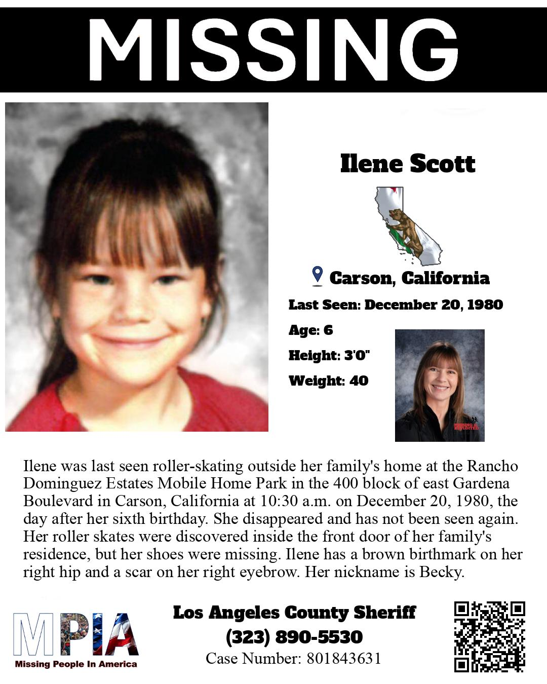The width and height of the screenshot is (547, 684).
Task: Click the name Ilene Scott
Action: [x=408, y=164]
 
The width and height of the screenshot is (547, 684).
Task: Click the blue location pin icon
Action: [x=318, y=275]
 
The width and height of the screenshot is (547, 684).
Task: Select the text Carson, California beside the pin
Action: [x=409, y=278]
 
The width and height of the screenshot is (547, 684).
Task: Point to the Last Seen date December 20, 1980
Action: [x=434, y=305]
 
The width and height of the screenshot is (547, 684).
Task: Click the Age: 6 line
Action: [x=310, y=330]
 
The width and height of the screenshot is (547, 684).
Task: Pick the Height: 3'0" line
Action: [x=329, y=355]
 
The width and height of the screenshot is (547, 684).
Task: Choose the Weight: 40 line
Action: [x=328, y=381]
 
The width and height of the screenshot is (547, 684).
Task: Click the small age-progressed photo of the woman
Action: [x=439, y=385]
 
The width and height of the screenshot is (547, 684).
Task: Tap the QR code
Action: [x=489, y=636]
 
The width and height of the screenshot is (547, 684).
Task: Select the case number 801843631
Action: [x=342, y=659]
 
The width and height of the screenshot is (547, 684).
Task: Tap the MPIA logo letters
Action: [x=76, y=634]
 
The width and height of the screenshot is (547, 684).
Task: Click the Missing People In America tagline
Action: [x=76, y=664]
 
